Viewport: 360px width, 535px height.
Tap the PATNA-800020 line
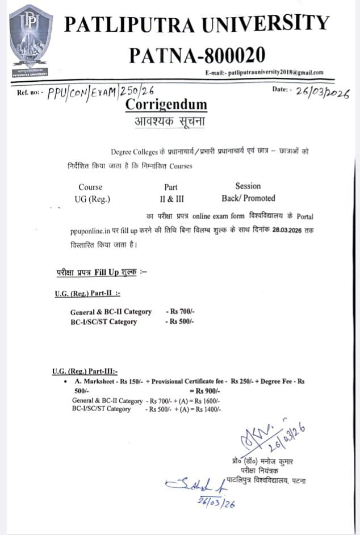pyautogui.click(x=197, y=55)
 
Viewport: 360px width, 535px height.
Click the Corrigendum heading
pyautogui.click(x=166, y=105)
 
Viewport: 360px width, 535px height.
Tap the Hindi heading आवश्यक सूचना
pyautogui.click(x=165, y=122)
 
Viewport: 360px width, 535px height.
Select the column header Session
pyautogui.click(x=248, y=186)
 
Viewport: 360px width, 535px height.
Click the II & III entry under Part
pyautogui.click(x=171, y=199)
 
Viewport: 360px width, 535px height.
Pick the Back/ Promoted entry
pyautogui.click(x=248, y=199)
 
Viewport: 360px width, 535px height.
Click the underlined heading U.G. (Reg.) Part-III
pyautogui.click(x=85, y=371)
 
